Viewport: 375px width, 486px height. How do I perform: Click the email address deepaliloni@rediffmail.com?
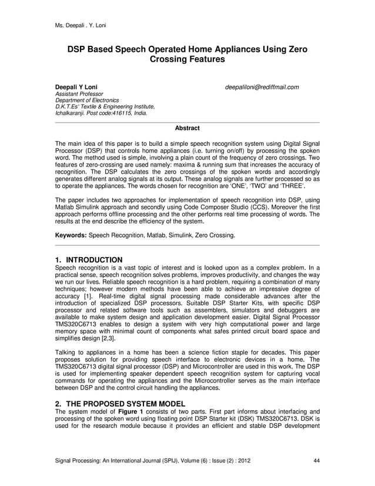[262, 87]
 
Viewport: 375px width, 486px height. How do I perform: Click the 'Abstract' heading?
[187, 128]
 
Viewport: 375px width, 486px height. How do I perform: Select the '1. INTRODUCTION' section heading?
[89, 260]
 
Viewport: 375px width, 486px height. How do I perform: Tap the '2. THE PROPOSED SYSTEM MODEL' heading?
[120, 403]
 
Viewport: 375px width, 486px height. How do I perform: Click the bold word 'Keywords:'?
[71, 235]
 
